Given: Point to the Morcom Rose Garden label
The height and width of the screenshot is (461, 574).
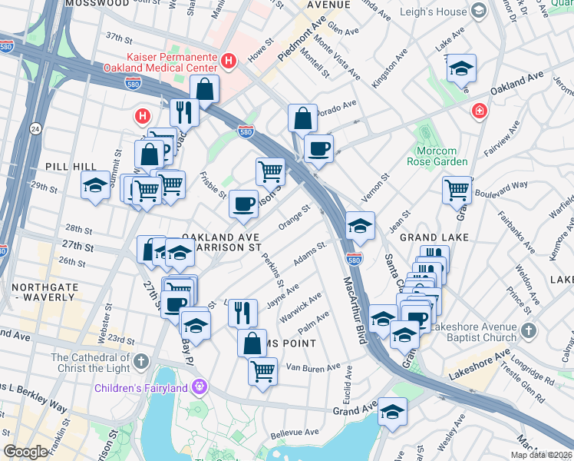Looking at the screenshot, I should (441, 156).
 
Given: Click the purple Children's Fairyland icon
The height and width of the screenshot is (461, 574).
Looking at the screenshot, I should (200, 386).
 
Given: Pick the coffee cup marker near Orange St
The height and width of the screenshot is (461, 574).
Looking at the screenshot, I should (244, 204).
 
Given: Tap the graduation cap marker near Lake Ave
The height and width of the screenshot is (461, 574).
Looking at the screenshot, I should (461, 68).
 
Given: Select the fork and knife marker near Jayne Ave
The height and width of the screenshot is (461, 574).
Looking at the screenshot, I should (242, 311).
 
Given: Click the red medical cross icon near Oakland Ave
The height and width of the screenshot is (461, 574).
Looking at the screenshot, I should (480, 111).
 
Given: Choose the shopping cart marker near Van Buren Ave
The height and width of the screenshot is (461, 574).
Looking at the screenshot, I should (262, 371).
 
